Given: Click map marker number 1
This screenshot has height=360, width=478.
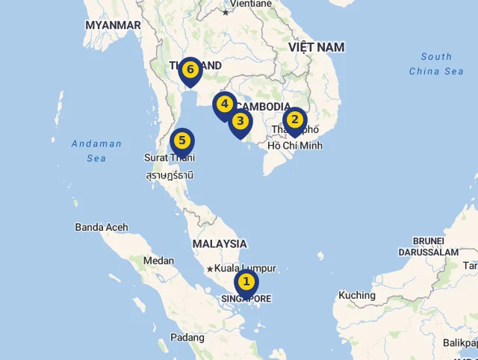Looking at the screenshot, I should point(246,282).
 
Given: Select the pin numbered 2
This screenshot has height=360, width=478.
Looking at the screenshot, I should point(294,120).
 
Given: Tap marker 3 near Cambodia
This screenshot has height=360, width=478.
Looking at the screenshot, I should point(240,121).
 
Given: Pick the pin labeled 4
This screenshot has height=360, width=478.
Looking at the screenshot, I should point(224,105).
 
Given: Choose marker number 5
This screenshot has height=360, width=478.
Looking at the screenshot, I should point(181,140).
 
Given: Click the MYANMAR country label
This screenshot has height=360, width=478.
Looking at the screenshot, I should point(113,25).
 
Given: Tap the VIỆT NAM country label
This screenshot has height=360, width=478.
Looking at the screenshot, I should point(317,47).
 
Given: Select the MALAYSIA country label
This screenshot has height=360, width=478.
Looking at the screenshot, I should point(220,243).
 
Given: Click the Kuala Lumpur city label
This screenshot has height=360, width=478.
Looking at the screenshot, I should point(245,268).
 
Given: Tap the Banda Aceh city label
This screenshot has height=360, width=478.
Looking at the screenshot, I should point(102,227).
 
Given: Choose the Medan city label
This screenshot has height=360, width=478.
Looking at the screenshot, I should point(158,261).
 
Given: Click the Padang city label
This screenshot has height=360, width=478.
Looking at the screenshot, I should point(187,338).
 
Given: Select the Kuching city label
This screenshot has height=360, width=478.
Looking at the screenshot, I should point(357,295).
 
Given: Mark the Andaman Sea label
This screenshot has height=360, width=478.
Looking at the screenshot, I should point(96,151).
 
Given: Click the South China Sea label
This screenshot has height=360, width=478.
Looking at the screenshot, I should point(436,63).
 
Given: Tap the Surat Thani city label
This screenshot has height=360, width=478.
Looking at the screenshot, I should point(170,158).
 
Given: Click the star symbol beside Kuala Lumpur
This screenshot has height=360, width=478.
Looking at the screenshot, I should point(210,269).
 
